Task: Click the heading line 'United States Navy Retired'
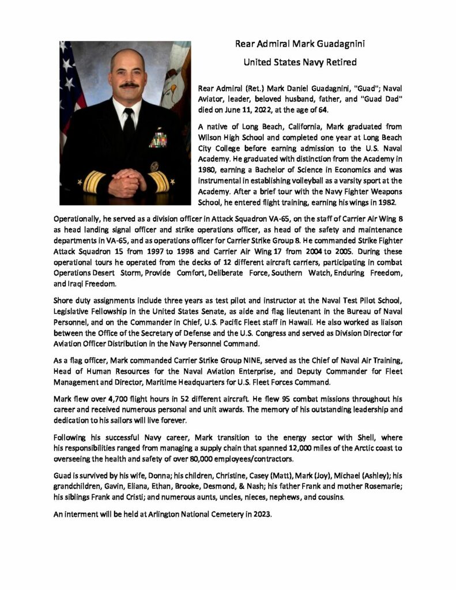tap(300, 62)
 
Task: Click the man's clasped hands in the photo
tap(127, 183)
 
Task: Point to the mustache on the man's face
tap(128, 86)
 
